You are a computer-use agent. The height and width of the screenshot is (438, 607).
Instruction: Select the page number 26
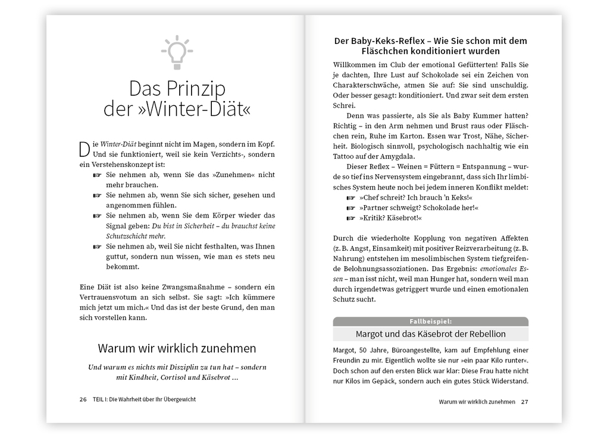(83, 399)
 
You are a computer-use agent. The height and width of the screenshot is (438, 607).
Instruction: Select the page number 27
(524, 402)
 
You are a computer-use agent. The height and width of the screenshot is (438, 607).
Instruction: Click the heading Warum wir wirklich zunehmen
(177, 348)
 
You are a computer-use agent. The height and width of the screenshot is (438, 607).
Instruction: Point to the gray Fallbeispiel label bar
(430, 321)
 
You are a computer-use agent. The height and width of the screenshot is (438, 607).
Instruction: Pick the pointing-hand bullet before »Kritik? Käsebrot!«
(351, 218)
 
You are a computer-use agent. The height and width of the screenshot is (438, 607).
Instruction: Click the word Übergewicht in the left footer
(177, 399)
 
